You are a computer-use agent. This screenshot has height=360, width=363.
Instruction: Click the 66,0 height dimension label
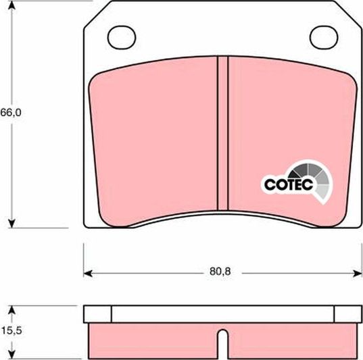click(x=11, y=113)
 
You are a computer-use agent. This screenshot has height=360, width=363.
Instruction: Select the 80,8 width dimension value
click(x=220, y=274)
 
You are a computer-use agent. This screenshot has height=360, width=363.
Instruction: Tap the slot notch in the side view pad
click(x=222, y=337)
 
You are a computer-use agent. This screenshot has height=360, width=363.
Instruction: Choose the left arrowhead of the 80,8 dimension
click(x=87, y=274)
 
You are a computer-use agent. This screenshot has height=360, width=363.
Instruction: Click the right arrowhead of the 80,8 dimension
click(x=358, y=274)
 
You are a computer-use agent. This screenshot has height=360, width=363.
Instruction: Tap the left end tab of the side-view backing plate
click(x=97, y=314)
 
